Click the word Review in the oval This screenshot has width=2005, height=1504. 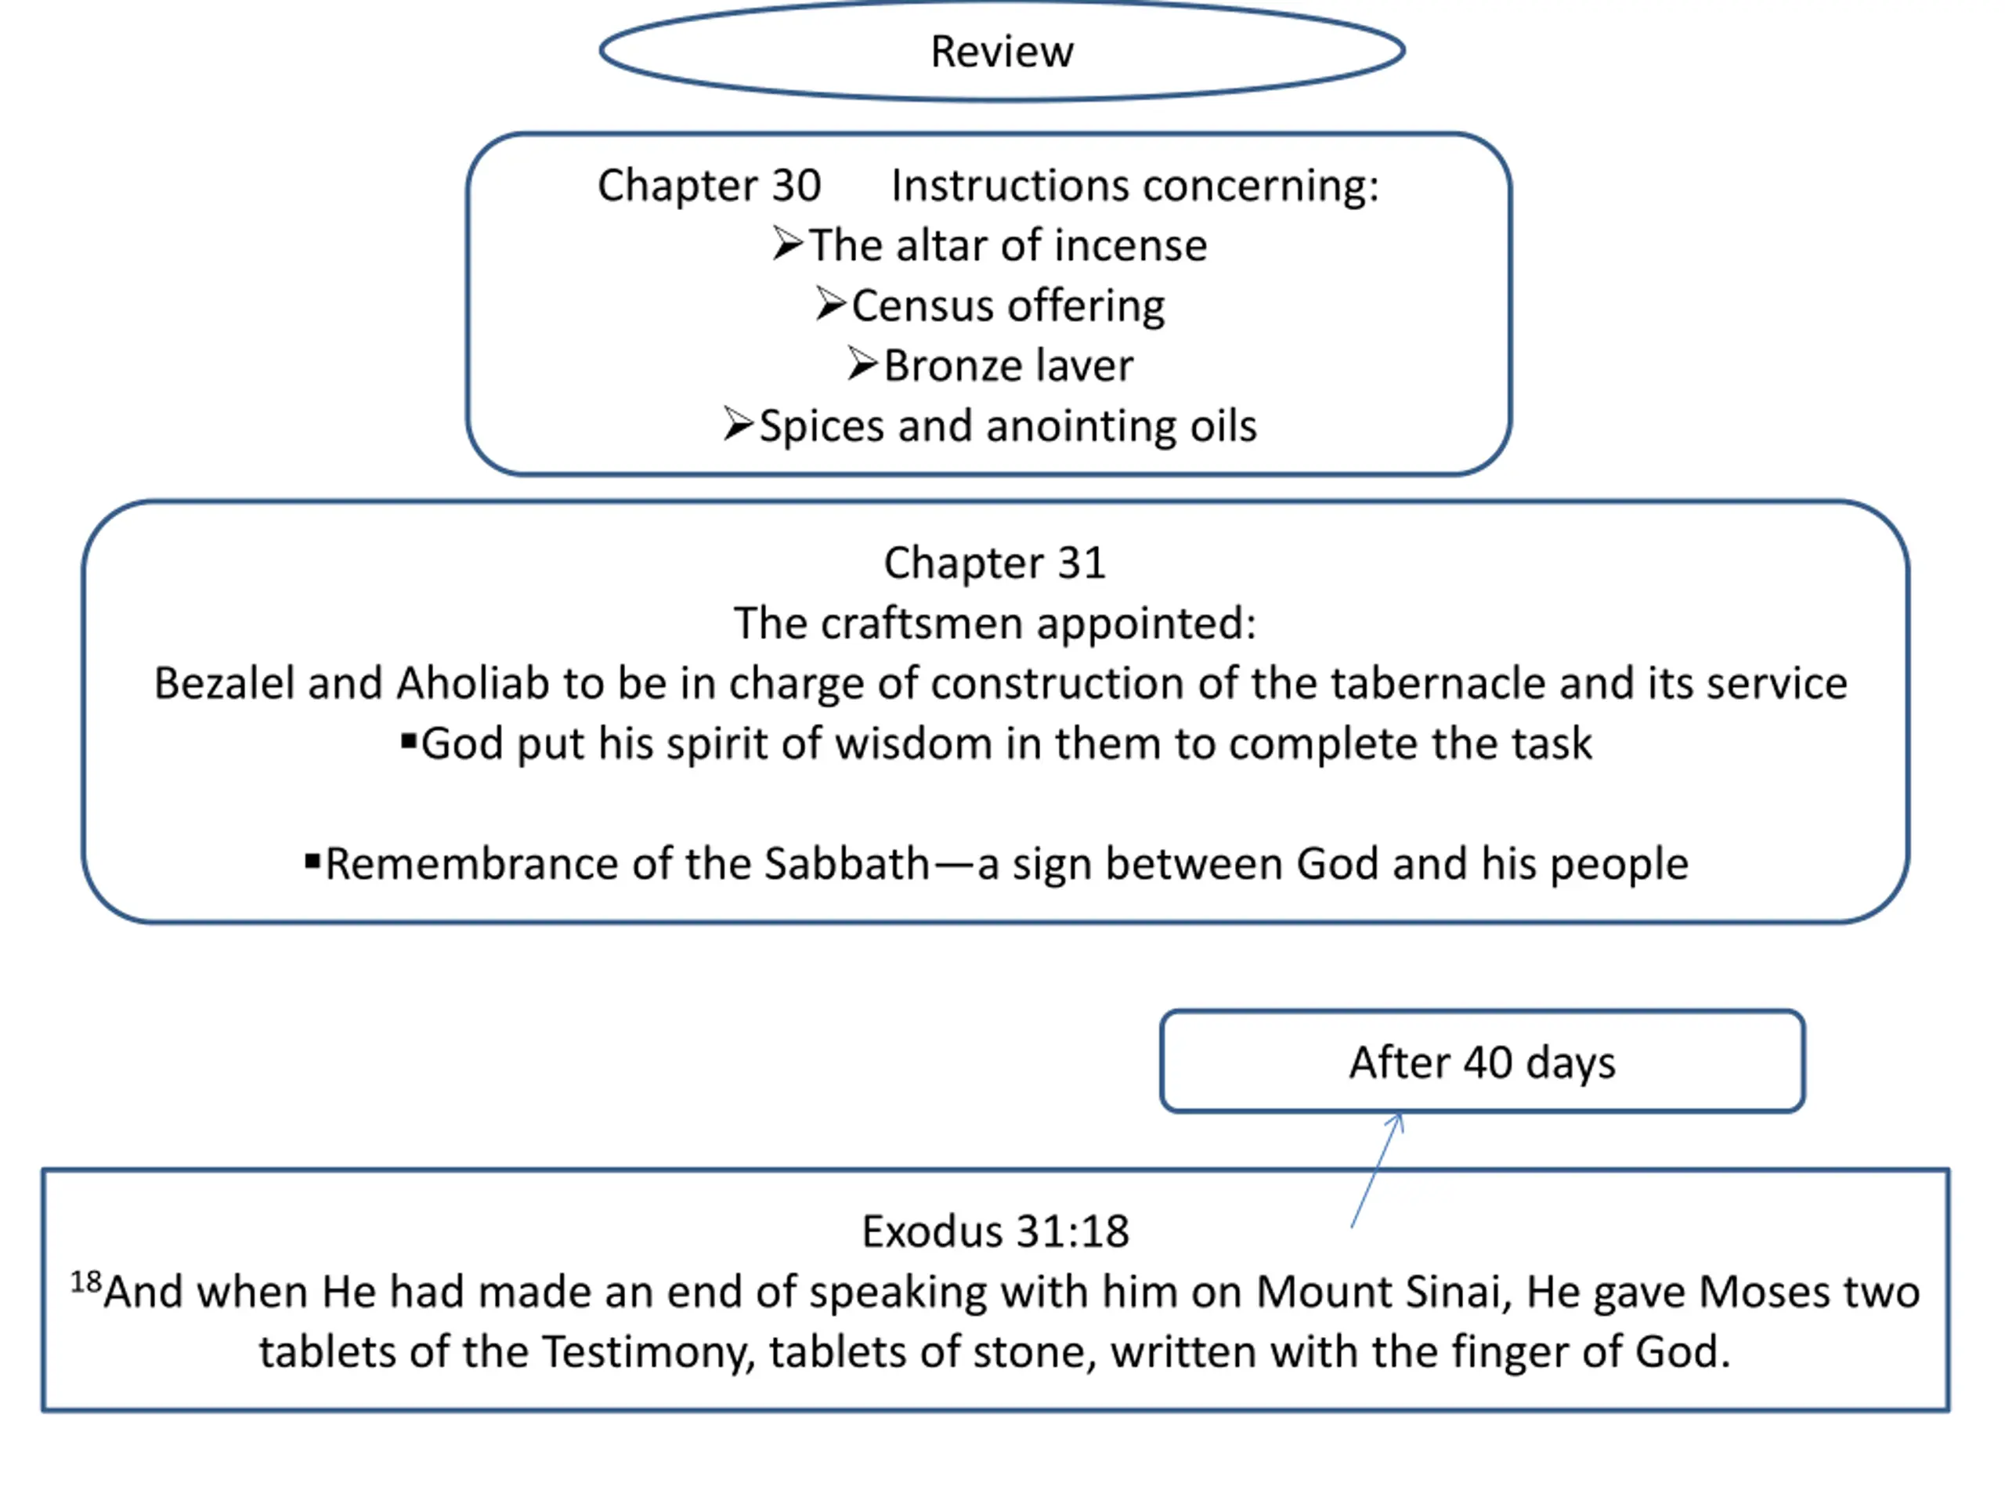pyautogui.click(x=1002, y=52)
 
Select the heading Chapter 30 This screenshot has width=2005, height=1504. pyautogui.click(x=709, y=186)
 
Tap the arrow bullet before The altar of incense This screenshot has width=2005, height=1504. pyautogui.click(x=788, y=244)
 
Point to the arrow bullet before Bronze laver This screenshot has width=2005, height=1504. pyautogui.click(x=862, y=364)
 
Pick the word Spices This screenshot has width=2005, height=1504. pyautogui.click(x=820, y=426)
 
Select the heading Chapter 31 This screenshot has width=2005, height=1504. pyautogui.click(x=995, y=563)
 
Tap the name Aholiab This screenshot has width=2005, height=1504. pyautogui.click(x=472, y=684)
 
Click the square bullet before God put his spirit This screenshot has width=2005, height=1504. pyautogui.click(x=409, y=743)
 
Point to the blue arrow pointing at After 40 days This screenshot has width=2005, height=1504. pyautogui.click(x=1377, y=1170)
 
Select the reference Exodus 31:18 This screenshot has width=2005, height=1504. pyautogui.click(x=995, y=1232)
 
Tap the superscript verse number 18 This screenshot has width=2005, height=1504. pyautogui.click(x=86, y=1282)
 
